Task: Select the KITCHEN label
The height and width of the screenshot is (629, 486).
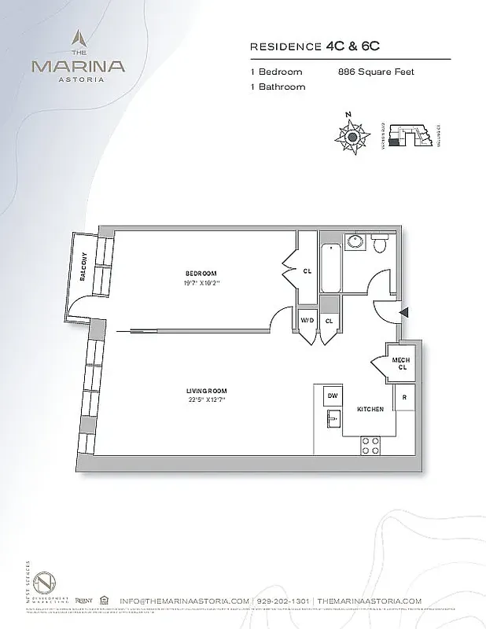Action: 370,410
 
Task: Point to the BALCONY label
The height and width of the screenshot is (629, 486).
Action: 83,268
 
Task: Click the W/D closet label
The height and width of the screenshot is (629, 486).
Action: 306,320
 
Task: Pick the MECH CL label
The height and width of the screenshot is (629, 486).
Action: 401,363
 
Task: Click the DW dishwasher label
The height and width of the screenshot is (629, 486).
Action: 333,395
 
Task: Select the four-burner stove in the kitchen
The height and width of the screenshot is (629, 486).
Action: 370,446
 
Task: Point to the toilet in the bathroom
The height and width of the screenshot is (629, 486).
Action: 380,245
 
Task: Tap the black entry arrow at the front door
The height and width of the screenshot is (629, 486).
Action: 404,313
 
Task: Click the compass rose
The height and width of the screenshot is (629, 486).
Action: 352,136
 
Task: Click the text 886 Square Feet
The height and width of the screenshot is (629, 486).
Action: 374,72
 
